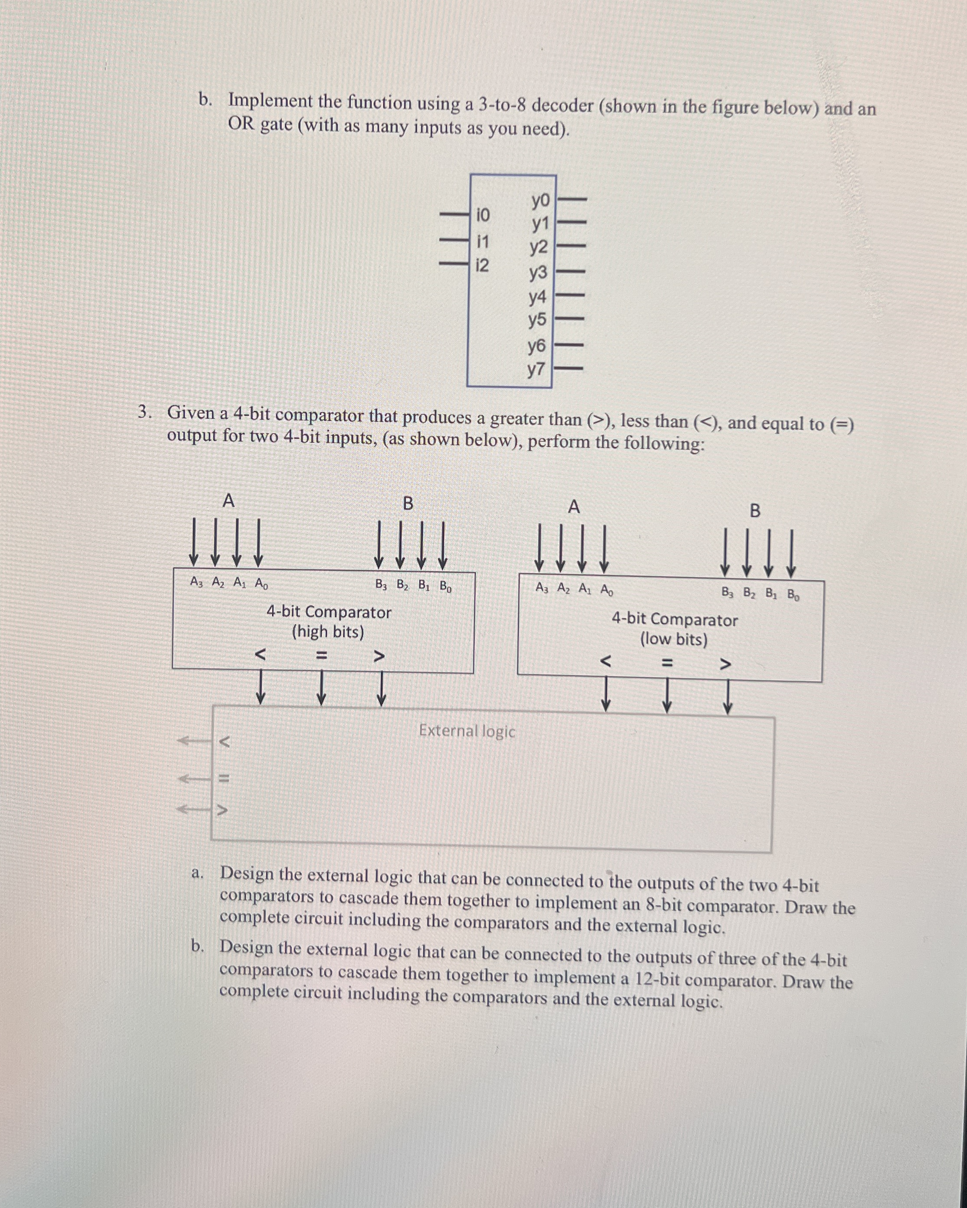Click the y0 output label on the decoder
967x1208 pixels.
(x=541, y=200)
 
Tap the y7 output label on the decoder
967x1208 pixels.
(x=536, y=369)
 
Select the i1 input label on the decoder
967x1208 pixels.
(x=482, y=242)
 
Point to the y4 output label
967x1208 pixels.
(x=538, y=296)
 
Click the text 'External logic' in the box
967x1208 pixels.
(x=467, y=731)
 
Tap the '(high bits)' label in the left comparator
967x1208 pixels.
(x=328, y=632)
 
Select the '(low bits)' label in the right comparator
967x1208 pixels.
(x=674, y=639)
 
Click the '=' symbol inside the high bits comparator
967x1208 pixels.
(x=321, y=654)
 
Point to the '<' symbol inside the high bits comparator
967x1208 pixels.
(x=260, y=653)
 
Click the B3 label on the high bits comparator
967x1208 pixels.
(x=381, y=585)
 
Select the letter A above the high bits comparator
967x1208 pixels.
(x=228, y=500)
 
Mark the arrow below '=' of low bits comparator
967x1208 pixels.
(x=666, y=698)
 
